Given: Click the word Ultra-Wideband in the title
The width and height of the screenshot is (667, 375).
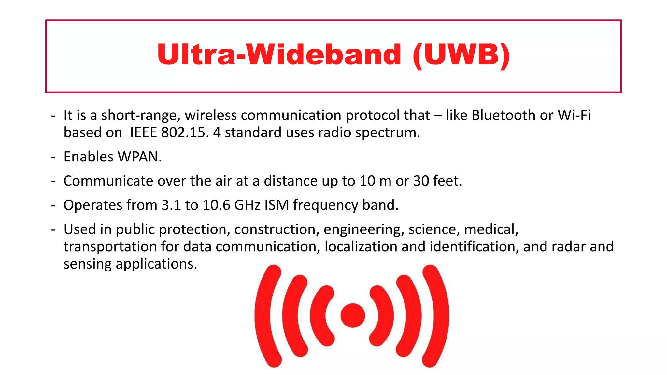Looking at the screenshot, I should coord(279,54).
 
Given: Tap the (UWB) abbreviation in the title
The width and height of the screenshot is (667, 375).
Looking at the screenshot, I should coord(461,54).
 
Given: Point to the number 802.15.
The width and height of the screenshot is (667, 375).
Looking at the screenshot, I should coord(185,132).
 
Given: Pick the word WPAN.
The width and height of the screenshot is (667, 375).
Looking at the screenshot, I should coord(139,157).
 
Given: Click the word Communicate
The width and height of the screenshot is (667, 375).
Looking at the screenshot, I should coord(108,181).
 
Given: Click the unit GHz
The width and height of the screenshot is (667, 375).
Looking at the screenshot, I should coord(247,205).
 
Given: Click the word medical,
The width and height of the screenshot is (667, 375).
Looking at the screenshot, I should coord(491,229).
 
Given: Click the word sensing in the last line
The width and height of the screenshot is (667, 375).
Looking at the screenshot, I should coord(87,264).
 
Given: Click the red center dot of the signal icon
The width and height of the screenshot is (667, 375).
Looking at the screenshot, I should coord(353,315).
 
